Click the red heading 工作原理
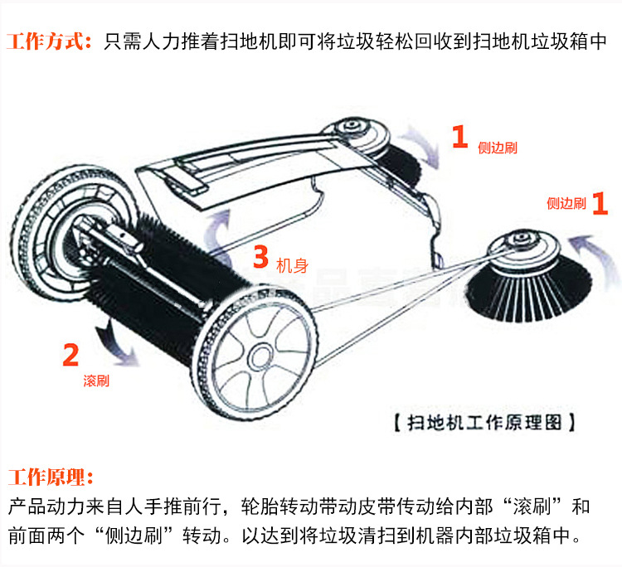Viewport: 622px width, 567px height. (x=51, y=477)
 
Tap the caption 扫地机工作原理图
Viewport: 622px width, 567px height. (x=484, y=422)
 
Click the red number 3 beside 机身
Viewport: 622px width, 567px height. (x=260, y=259)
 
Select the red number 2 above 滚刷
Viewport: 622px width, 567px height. (x=71, y=356)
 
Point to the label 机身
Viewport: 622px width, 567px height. (x=291, y=266)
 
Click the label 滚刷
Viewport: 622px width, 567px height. (x=95, y=381)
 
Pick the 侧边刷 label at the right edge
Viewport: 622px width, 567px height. (x=566, y=204)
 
